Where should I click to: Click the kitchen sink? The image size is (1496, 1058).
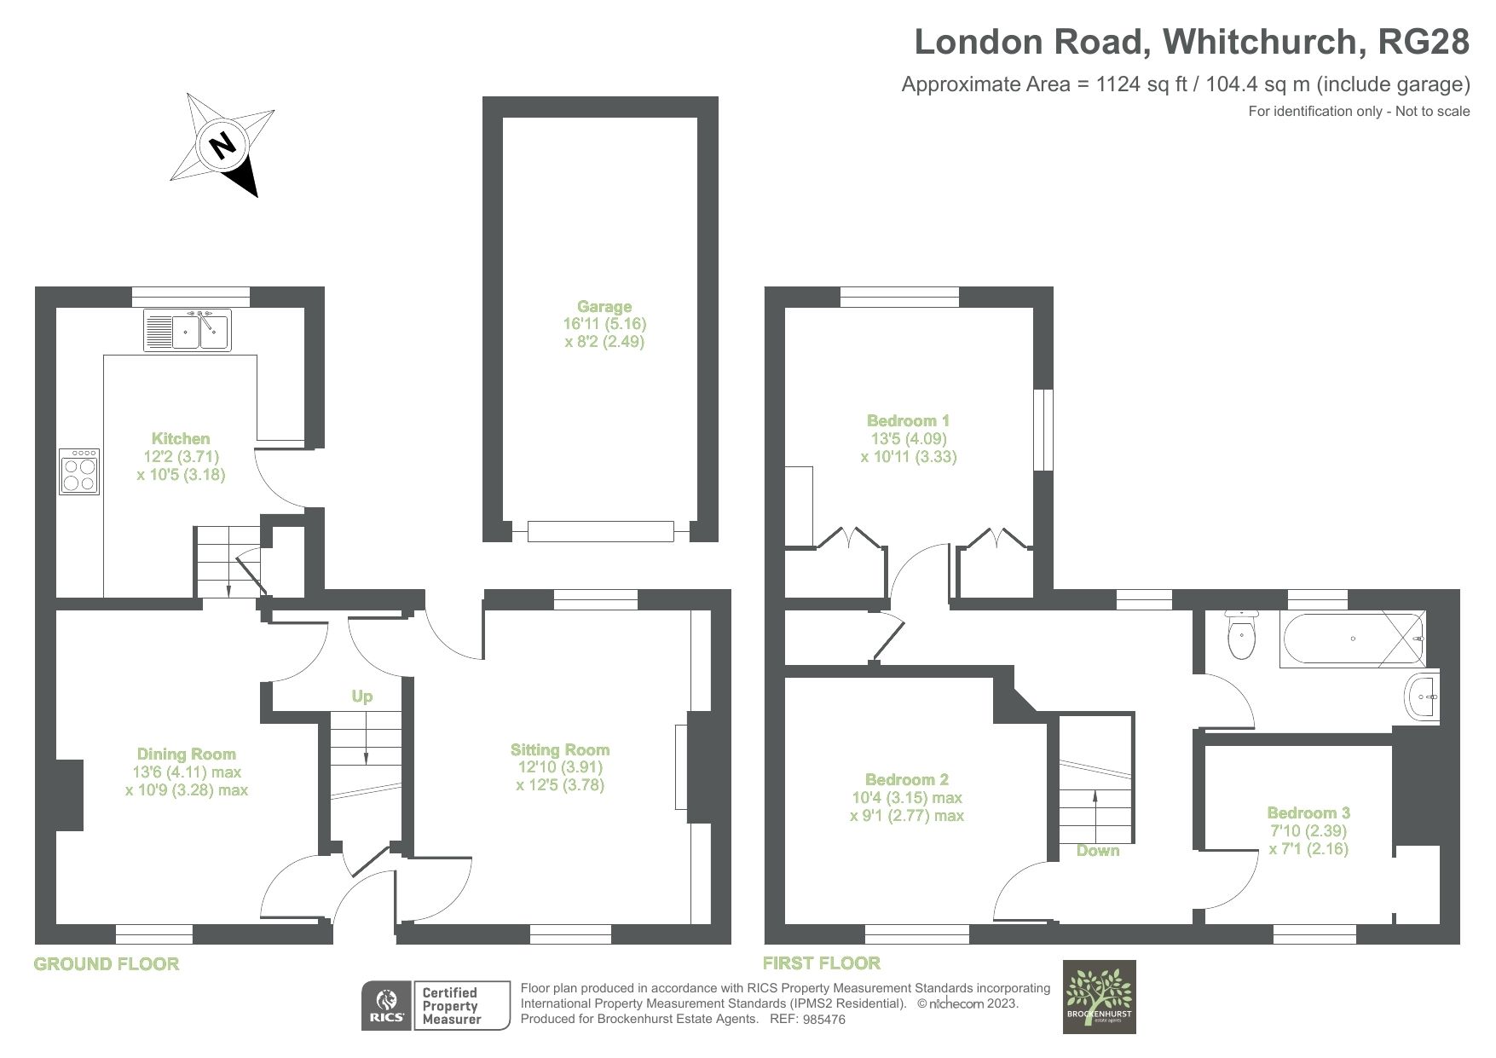click(188, 331)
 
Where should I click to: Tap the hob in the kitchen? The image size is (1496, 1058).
click(80, 472)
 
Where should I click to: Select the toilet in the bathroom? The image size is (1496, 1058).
click(1241, 633)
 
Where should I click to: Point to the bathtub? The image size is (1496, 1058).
click(1352, 638)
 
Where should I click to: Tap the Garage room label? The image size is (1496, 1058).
click(604, 307)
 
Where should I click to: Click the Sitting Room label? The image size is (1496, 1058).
click(560, 750)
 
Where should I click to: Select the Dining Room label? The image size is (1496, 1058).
click(186, 754)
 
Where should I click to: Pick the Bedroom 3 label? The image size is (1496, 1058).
click(1308, 813)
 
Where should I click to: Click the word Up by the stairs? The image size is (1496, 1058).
click(362, 697)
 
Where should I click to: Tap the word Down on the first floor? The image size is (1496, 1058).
click(1098, 850)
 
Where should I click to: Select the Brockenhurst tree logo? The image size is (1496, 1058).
click(1099, 997)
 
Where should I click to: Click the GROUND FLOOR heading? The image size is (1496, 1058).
click(107, 964)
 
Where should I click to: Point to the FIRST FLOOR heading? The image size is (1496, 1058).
click(821, 963)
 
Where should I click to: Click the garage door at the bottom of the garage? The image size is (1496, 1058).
click(601, 532)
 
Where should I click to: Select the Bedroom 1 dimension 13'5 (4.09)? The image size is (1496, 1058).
click(908, 439)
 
